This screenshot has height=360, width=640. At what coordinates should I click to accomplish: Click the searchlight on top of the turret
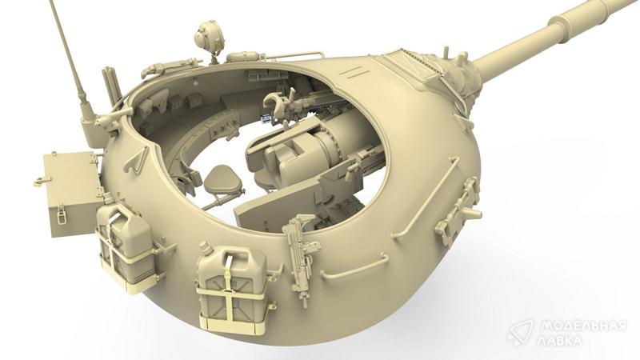click(x=210, y=37)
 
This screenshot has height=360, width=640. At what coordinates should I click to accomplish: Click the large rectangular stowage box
click(x=71, y=193)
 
